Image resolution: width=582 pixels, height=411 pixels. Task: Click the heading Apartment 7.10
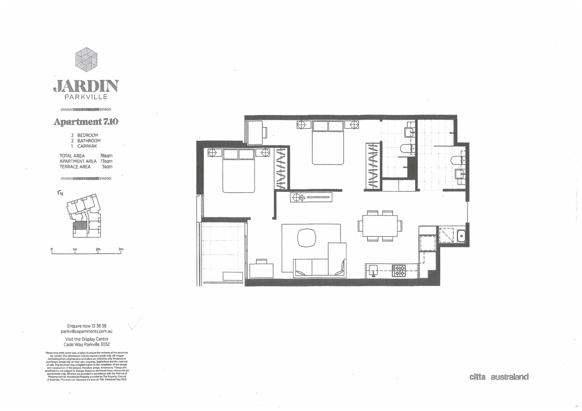[x=86, y=122]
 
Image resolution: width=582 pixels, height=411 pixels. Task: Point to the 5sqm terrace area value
[x=107, y=167]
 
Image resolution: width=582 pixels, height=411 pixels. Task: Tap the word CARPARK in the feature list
[x=87, y=146]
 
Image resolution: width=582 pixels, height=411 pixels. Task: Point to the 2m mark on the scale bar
[x=98, y=249]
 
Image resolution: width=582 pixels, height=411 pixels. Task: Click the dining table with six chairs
[x=380, y=226]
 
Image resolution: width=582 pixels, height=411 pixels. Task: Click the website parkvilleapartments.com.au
[x=86, y=331]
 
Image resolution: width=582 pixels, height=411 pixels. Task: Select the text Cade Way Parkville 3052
[x=86, y=344]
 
